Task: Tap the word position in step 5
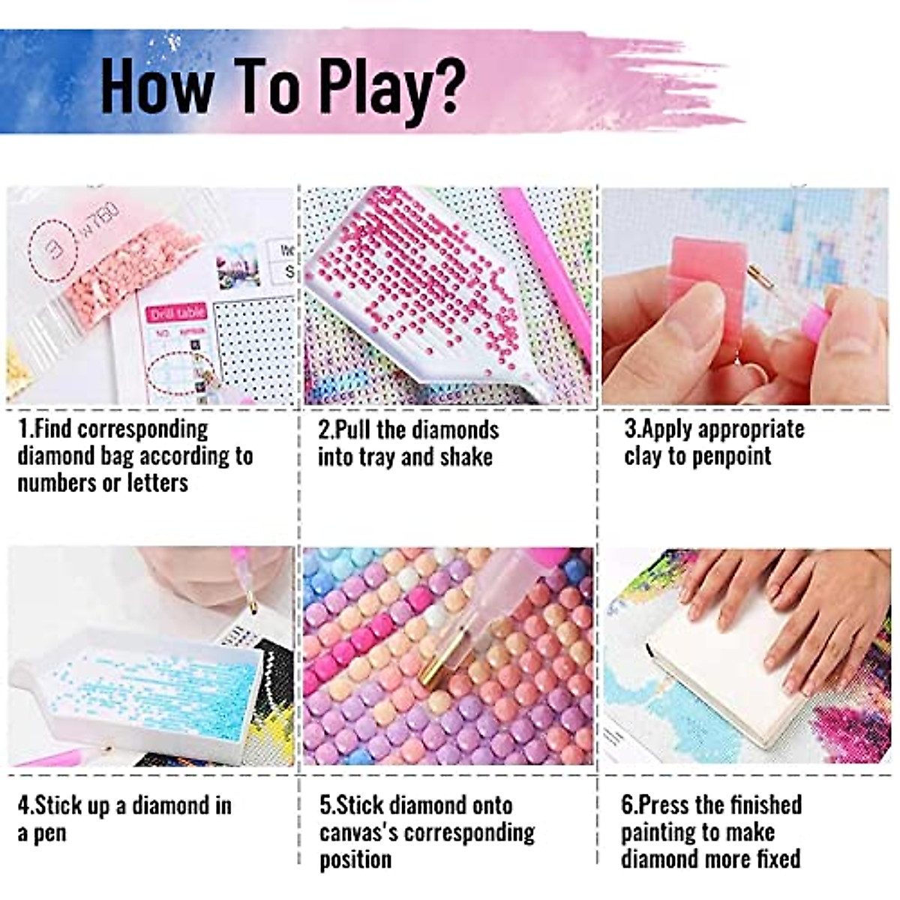(x=355, y=859)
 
